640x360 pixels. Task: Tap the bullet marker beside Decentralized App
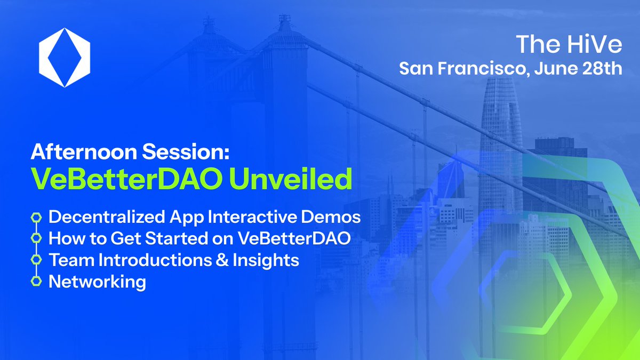point(36,217)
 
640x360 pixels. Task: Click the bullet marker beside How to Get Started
point(36,238)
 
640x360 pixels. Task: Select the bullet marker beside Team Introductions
point(36,259)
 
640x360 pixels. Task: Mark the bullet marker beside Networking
point(36,281)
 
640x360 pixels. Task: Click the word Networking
point(97,281)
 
